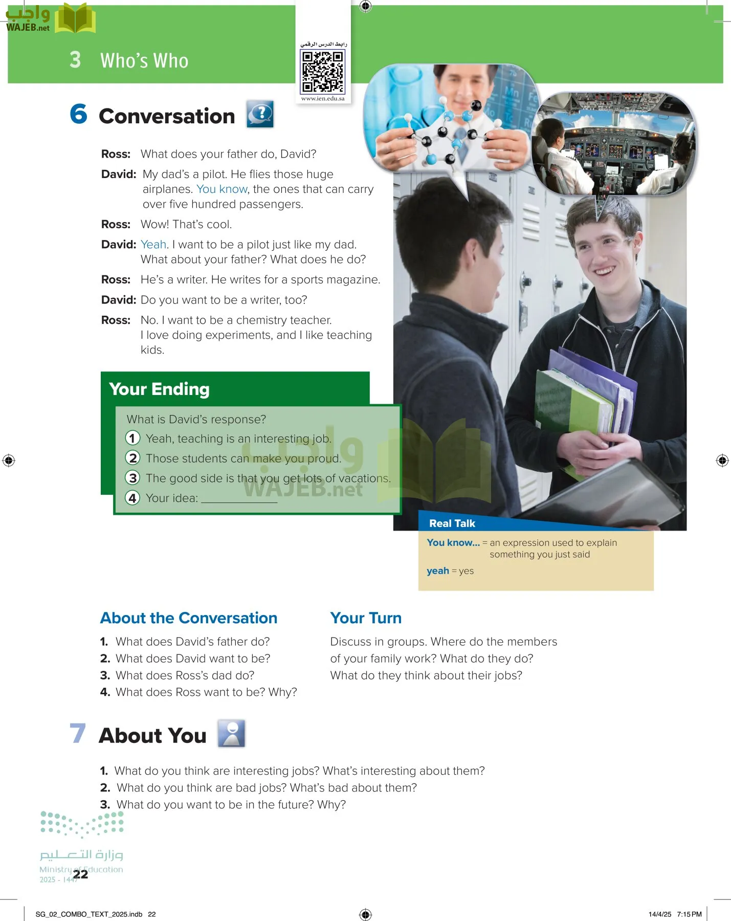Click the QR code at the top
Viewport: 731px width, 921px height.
tap(323, 72)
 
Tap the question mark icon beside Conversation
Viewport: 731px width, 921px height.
tap(260, 114)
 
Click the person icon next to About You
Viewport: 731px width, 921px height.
tap(231, 733)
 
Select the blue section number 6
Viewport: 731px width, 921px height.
tap(78, 114)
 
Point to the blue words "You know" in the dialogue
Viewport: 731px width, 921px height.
tap(222, 189)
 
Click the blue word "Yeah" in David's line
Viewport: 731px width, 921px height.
tap(153, 245)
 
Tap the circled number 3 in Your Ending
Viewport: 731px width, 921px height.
tap(132, 478)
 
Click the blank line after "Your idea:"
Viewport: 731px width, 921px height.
tap(239, 499)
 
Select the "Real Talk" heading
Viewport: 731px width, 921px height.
tap(452, 523)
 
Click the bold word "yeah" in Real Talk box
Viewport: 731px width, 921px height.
tap(438, 571)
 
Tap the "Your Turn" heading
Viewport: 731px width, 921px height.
tap(366, 618)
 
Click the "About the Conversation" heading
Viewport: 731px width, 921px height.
tap(189, 618)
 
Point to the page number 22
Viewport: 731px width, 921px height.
tap(80, 874)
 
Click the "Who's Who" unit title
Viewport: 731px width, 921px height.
tap(144, 61)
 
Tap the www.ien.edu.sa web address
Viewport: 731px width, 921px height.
tap(323, 98)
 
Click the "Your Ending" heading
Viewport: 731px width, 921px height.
tap(159, 389)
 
